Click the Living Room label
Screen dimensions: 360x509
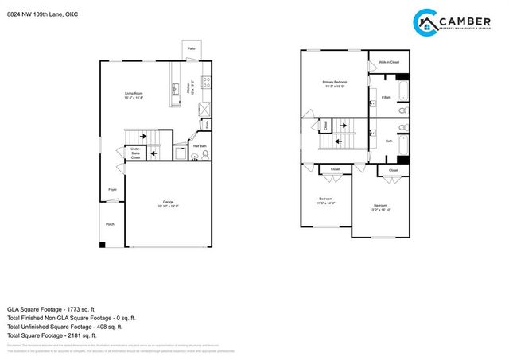pos(133,96)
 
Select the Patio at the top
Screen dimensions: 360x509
pos(192,49)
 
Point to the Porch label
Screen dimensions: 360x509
pos(110,224)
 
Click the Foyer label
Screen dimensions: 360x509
pos(112,189)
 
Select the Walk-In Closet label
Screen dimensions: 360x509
pos(389,61)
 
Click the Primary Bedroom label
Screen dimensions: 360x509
pos(333,83)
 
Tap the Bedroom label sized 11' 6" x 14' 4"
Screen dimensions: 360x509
pos(326,200)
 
